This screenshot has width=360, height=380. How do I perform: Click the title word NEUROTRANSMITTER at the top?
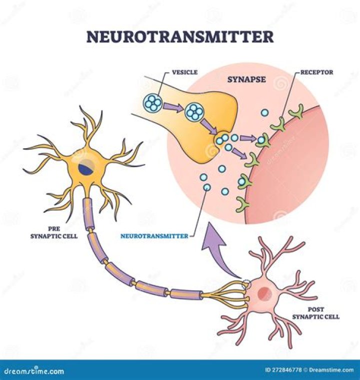(x=180, y=37)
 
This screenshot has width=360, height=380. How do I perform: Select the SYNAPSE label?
(x=246, y=80)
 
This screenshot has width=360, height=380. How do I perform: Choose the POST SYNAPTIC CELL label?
(x=315, y=313)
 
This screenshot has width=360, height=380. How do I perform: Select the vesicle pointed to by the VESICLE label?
(x=152, y=103)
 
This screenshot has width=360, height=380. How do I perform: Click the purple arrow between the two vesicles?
(x=172, y=106)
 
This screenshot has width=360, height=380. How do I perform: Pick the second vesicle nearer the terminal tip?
(x=193, y=112)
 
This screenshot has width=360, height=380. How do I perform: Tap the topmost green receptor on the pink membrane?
(x=297, y=113)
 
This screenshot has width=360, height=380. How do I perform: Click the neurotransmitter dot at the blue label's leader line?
(x=207, y=188)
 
